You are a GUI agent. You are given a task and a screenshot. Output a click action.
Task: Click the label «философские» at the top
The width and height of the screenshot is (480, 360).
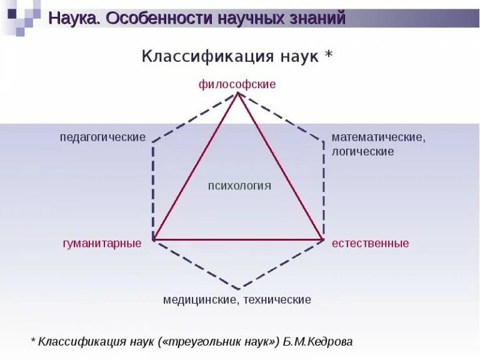(237, 84)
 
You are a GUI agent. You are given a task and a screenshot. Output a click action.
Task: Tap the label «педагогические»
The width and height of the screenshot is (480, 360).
(102, 137)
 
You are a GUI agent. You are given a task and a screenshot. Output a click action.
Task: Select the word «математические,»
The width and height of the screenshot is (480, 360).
(379, 137)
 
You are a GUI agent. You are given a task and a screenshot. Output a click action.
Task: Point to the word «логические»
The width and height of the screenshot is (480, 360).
(362, 151)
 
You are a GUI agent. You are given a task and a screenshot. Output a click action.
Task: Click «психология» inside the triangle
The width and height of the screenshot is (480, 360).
(239, 186)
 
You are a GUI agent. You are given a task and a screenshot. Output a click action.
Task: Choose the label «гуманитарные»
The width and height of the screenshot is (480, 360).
(102, 243)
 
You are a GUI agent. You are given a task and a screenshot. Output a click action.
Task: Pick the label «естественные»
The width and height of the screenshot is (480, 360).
(371, 243)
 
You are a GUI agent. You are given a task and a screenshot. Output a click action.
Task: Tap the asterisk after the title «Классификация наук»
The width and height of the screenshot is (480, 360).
(329, 55)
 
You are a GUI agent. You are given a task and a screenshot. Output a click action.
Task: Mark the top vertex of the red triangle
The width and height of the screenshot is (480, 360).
(237, 93)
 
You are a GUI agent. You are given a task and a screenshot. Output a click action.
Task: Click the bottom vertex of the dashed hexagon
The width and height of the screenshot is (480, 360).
(238, 289)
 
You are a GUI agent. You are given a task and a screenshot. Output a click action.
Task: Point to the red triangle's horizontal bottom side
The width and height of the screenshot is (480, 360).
(237, 239)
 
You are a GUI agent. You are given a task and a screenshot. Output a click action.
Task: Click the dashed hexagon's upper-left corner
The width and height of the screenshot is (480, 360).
(153, 142)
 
